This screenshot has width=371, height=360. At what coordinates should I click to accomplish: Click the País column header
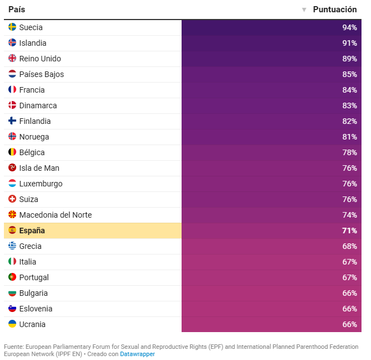click(17, 9)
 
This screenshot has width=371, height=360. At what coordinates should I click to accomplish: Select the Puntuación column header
click(335, 9)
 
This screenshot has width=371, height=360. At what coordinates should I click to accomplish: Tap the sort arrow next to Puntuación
click(304, 10)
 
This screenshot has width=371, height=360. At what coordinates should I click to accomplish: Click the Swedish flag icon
click(12, 27)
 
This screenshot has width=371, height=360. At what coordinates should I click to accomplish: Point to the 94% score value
click(349, 27)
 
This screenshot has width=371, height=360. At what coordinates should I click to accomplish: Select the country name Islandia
click(32, 43)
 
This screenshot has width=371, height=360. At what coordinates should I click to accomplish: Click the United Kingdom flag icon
click(12, 59)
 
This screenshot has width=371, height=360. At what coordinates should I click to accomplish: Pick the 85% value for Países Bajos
click(349, 74)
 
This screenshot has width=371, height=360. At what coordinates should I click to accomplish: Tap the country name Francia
click(32, 90)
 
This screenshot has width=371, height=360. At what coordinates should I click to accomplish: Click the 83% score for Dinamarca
click(349, 105)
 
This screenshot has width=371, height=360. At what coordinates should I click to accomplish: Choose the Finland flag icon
click(12, 121)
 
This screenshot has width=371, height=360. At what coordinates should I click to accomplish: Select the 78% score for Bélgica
click(349, 152)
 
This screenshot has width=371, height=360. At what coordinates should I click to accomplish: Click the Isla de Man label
click(39, 168)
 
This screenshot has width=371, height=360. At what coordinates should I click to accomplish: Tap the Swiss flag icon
click(12, 199)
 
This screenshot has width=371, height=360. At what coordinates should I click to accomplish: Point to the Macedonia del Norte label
click(55, 215)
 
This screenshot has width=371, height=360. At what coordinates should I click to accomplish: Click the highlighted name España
click(32, 231)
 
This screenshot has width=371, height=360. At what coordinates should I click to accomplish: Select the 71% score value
click(349, 231)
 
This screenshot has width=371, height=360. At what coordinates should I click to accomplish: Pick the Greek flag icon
click(12, 246)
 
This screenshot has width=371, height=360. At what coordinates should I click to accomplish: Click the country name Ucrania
click(32, 324)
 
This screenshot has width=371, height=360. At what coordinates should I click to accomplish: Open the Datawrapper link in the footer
click(137, 354)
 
